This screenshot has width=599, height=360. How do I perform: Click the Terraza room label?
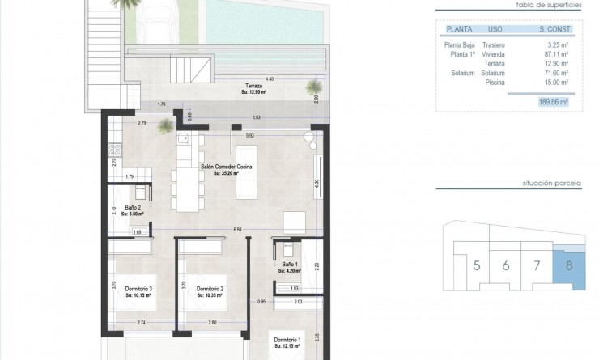click(x=255, y=85)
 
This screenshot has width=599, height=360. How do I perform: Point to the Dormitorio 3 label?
click(x=139, y=288)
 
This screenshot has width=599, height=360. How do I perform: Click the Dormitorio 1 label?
click(x=287, y=341)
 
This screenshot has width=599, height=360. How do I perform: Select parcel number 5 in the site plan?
click(x=477, y=265)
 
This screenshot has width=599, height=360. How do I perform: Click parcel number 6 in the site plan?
click(x=505, y=265)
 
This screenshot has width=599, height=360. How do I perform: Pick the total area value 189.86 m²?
click(x=553, y=103)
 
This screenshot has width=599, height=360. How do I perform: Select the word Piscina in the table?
click(x=493, y=82)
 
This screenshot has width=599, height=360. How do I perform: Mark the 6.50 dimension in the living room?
click(x=237, y=229)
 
